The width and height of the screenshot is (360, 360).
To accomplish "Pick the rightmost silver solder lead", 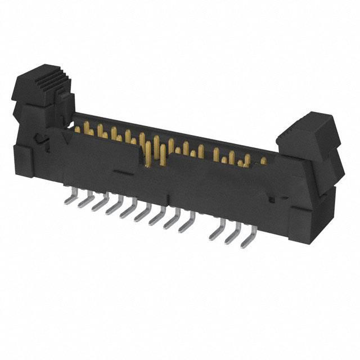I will [246, 241].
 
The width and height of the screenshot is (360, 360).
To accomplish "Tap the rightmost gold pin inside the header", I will [263, 161].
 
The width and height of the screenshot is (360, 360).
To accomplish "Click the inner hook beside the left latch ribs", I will [66, 104].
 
